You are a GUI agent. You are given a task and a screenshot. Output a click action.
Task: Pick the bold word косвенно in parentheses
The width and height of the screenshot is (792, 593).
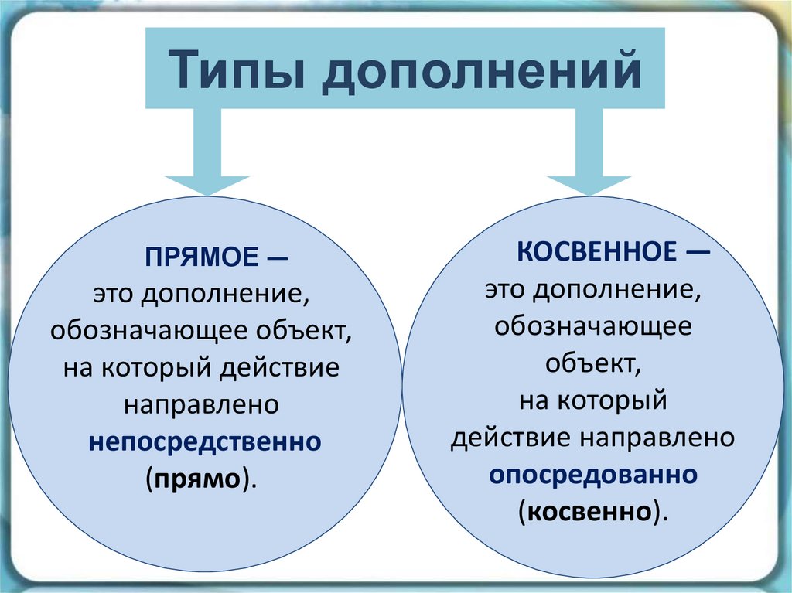[x=592, y=511]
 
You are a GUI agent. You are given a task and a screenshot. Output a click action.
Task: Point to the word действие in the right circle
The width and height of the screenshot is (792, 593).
[x=507, y=438]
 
